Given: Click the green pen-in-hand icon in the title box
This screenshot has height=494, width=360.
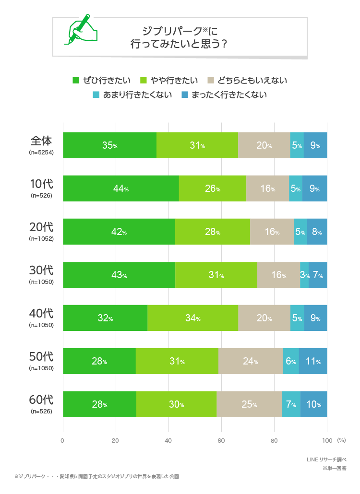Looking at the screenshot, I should (80, 29).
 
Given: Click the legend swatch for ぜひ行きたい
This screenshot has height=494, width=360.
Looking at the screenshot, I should (76, 80).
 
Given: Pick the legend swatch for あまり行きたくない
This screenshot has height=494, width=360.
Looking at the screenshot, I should (96, 94).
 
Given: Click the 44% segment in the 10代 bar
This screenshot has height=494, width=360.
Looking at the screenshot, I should (120, 188).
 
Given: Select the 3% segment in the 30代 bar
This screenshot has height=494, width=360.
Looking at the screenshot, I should (304, 275).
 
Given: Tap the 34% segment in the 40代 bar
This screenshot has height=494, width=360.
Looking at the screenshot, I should (192, 318).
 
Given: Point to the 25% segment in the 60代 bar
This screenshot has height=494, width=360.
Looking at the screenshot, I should (249, 404).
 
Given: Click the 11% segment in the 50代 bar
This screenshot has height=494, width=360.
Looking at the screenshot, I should (313, 361).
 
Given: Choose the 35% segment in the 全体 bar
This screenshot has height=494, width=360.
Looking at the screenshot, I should (109, 145).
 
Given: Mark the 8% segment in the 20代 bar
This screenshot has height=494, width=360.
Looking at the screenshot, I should (317, 232).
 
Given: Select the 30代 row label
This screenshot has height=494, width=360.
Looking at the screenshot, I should (41, 271).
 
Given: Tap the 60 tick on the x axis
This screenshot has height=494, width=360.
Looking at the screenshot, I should (221, 440).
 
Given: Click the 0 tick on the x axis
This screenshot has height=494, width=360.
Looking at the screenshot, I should (63, 440).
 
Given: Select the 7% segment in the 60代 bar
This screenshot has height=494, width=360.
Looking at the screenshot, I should (290, 404).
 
